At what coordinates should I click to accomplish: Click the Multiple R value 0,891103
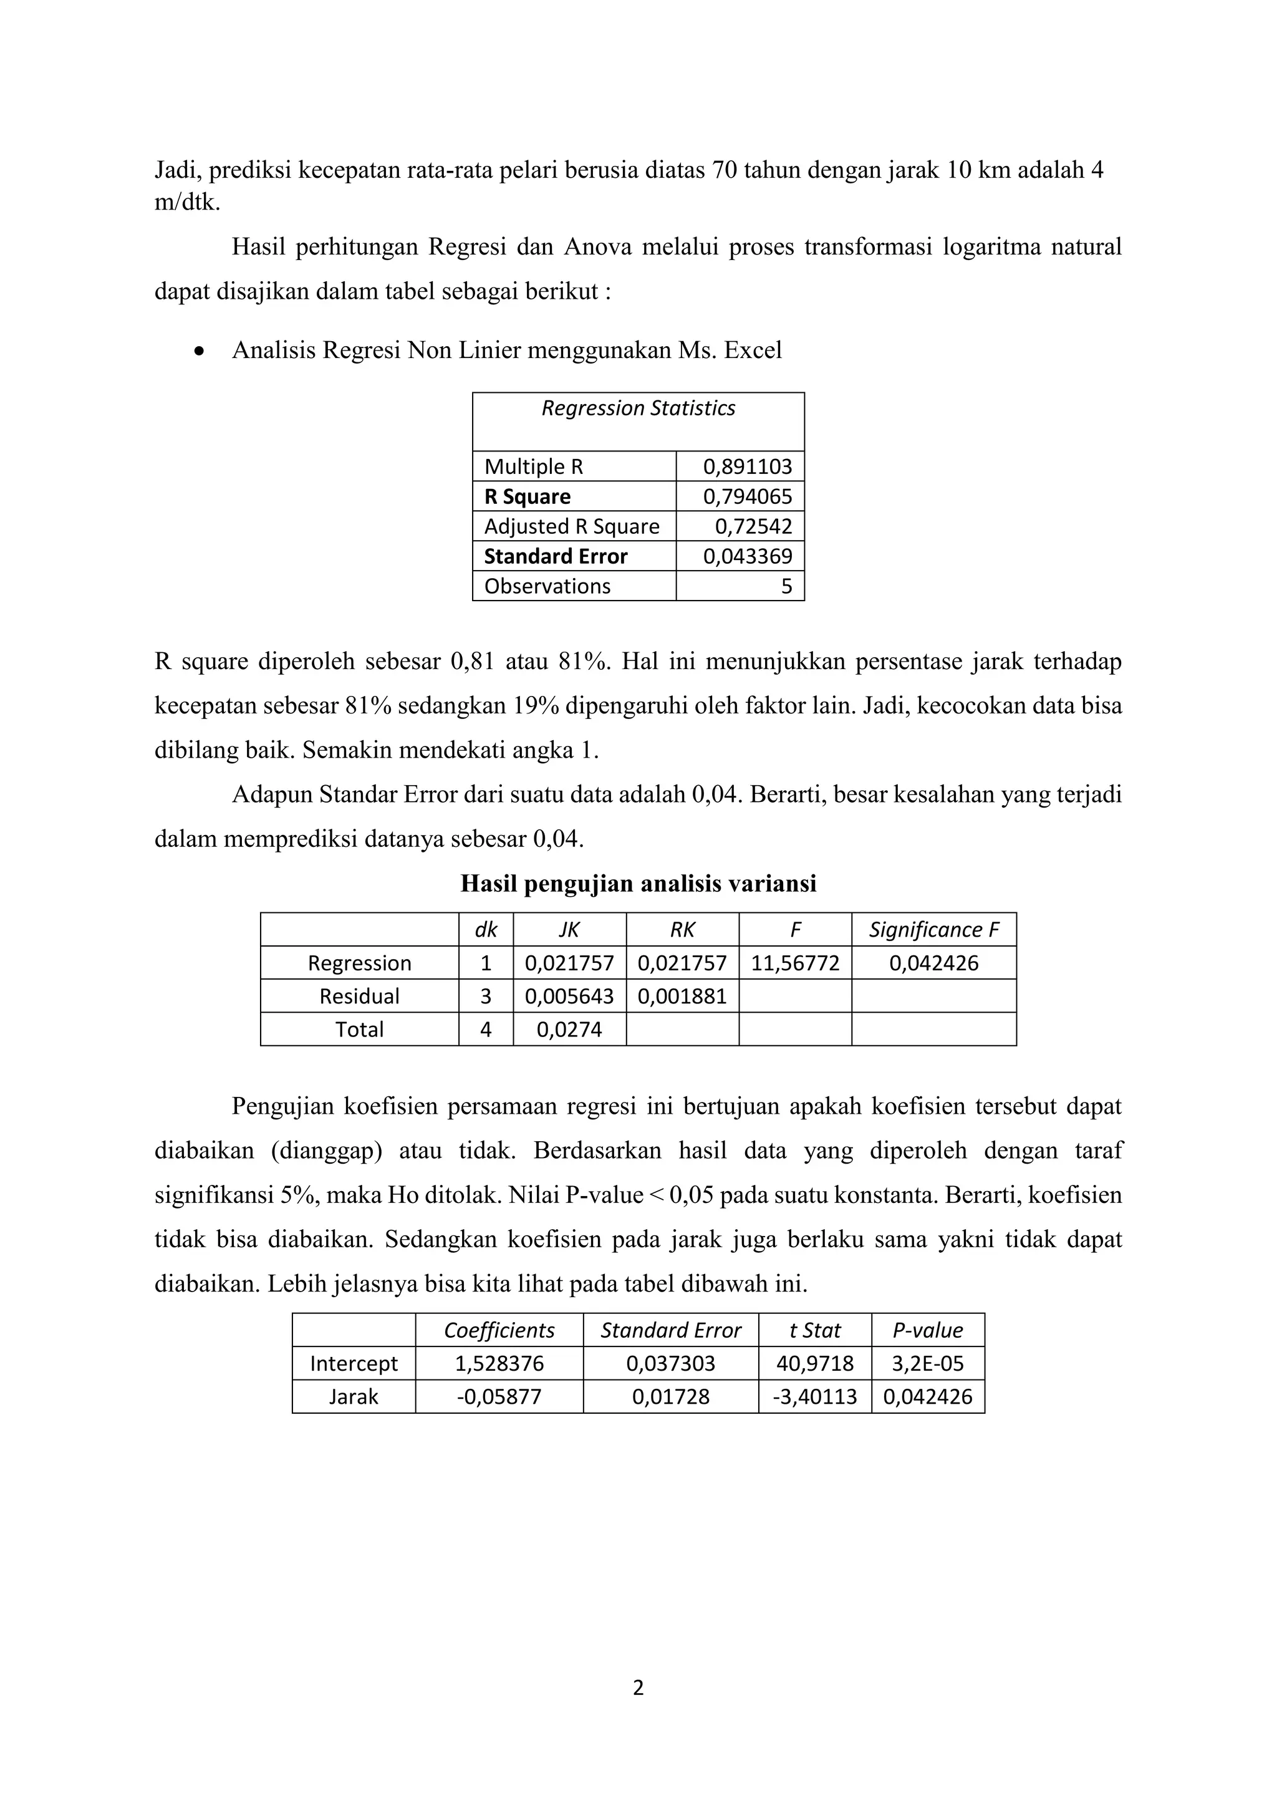tap(747, 466)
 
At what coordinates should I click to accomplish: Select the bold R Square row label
tap(527, 496)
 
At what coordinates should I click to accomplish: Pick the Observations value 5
tap(786, 586)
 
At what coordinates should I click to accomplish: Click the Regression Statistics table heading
tap(638, 408)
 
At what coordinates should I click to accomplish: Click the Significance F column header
tap(933, 930)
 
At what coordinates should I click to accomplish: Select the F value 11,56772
tap(795, 963)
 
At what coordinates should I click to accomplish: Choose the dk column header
tap(486, 930)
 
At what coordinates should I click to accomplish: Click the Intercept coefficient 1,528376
tap(499, 1363)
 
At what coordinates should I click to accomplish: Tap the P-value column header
tap(927, 1330)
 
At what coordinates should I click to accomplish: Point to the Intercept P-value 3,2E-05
tap(927, 1363)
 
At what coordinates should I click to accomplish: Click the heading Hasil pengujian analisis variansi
tap(638, 884)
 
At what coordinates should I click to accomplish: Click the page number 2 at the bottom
tap(638, 1688)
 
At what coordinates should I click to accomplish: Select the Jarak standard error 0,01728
tap(671, 1396)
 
